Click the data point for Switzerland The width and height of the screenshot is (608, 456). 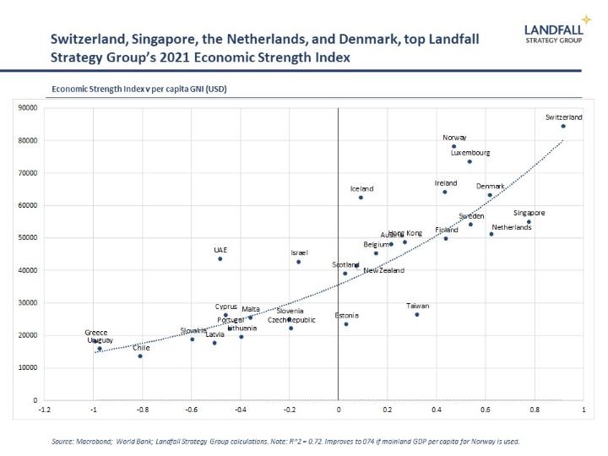[563, 127]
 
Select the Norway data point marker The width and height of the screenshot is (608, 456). [453, 146]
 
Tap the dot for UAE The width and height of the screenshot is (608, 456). [220, 258]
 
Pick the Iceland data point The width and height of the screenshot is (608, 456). [361, 198]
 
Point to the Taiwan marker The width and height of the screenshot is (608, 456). [417, 314]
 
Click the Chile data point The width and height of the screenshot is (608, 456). [140, 356]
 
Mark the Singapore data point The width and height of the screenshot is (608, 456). [529, 222]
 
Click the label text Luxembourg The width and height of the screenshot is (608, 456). [470, 153]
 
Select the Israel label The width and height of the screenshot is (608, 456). [299, 252]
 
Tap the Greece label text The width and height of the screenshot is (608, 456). [96, 333]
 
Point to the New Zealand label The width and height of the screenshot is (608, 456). [383, 270]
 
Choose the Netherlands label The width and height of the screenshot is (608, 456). [512, 227]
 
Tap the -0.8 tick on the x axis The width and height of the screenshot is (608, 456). [142, 410]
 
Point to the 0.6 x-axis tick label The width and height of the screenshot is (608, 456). [486, 410]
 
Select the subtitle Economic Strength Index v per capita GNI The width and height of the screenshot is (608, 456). [139, 89]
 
